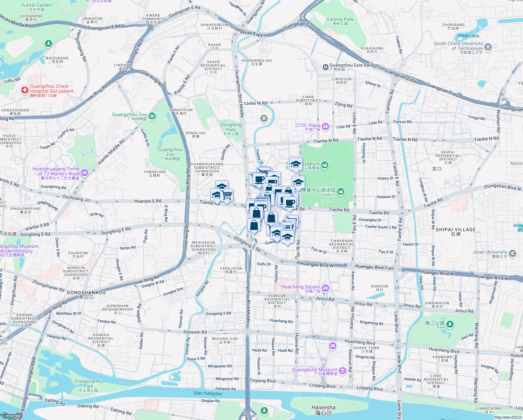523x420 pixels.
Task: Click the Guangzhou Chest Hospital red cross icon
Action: pyautogui.click(x=24, y=91)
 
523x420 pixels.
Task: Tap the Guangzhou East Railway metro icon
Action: pyautogui.click(x=325, y=67)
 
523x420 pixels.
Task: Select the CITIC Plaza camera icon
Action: pyautogui.click(x=325, y=126)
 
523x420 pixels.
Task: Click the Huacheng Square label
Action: pyautogui.click(x=301, y=287)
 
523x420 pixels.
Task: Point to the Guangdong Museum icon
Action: pyautogui.click(x=342, y=370)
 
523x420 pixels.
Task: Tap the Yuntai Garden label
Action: pyautogui.click(x=37, y=5)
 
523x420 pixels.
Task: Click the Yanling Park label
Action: pyautogui.click(x=340, y=20)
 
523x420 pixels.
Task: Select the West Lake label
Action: pyautogui.click(x=468, y=36)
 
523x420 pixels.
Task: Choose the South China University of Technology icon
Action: pyautogui.click(x=488, y=47)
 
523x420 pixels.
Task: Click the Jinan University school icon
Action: pyautogui.click(x=513, y=253)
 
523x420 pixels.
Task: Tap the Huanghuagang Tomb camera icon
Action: pyautogui.click(x=85, y=173)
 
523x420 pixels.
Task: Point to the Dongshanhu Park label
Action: pyautogui.click(x=88, y=384)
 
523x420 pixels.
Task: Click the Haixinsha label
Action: pyautogui.click(x=323, y=408)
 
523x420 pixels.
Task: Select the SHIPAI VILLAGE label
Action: pyautogui.click(x=456, y=230)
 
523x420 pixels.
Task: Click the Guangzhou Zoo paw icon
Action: pyautogui.click(x=152, y=115)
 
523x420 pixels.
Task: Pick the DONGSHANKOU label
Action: pyautogui.click(x=86, y=293)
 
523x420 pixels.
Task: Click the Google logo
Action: pyautogui.click(x=11, y=416)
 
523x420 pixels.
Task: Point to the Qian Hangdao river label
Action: pyautogui.click(x=208, y=393)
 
